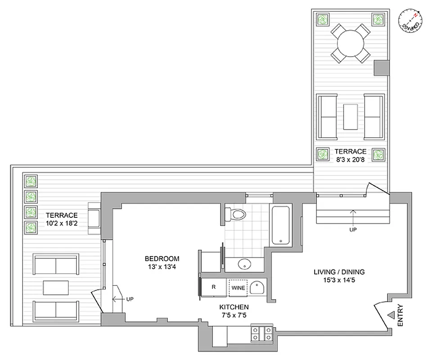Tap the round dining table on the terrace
(x=350, y=44)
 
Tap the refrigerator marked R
(x=214, y=287)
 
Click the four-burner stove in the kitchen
(x=263, y=334)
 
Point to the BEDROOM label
(x=162, y=259)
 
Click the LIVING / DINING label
(x=339, y=272)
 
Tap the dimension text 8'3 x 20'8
(x=350, y=159)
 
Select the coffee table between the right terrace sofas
(x=350, y=116)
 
